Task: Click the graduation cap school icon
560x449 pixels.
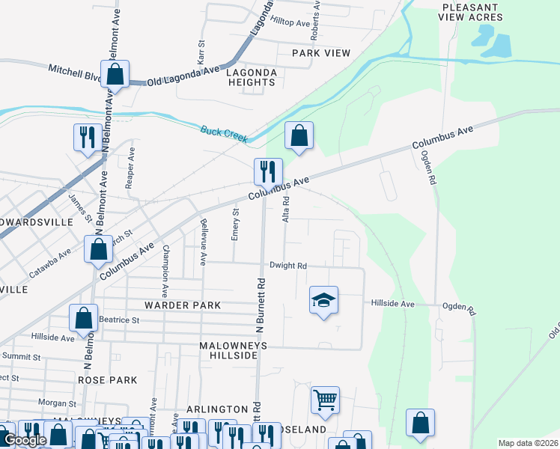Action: (x=323, y=301)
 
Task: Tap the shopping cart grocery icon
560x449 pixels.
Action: (x=325, y=401)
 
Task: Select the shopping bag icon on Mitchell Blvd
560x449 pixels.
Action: (x=115, y=74)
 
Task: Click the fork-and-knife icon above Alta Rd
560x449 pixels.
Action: (x=267, y=172)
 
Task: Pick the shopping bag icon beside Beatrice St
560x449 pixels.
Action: (x=83, y=318)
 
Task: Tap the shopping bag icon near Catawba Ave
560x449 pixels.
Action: (x=98, y=250)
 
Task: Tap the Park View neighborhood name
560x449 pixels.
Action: (x=321, y=53)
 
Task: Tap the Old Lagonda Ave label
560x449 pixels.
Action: (x=183, y=76)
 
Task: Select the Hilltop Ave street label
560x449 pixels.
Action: (x=290, y=23)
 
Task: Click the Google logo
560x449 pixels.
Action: (x=25, y=440)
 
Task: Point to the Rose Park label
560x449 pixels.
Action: (x=107, y=380)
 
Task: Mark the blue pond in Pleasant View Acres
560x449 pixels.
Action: (x=494, y=43)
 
